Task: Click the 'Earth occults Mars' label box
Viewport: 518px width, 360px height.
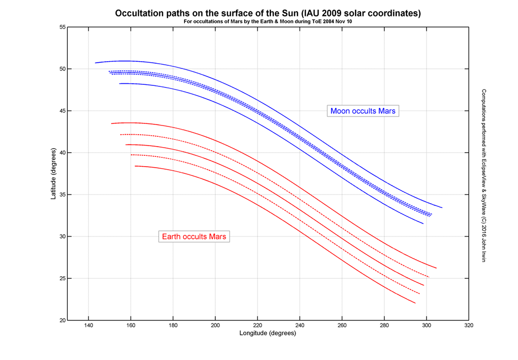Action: [x=195, y=237]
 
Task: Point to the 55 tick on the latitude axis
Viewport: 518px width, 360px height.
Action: [x=61, y=27]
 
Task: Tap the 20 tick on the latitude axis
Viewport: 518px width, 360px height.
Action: [x=61, y=320]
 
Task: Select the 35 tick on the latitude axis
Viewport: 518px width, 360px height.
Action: [x=61, y=195]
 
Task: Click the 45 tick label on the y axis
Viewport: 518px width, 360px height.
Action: [x=61, y=111]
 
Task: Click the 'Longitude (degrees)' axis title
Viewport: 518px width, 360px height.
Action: [x=267, y=333]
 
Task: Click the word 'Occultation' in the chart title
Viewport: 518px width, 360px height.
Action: [x=138, y=13]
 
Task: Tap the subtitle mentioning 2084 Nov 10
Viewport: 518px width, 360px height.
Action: [x=268, y=22]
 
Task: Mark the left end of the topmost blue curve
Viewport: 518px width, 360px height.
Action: [x=96, y=63]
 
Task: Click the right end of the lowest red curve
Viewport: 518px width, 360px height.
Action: [x=415, y=303]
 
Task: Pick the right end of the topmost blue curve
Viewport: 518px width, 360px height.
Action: [x=441, y=207]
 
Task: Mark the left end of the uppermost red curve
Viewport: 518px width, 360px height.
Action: [x=112, y=123]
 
